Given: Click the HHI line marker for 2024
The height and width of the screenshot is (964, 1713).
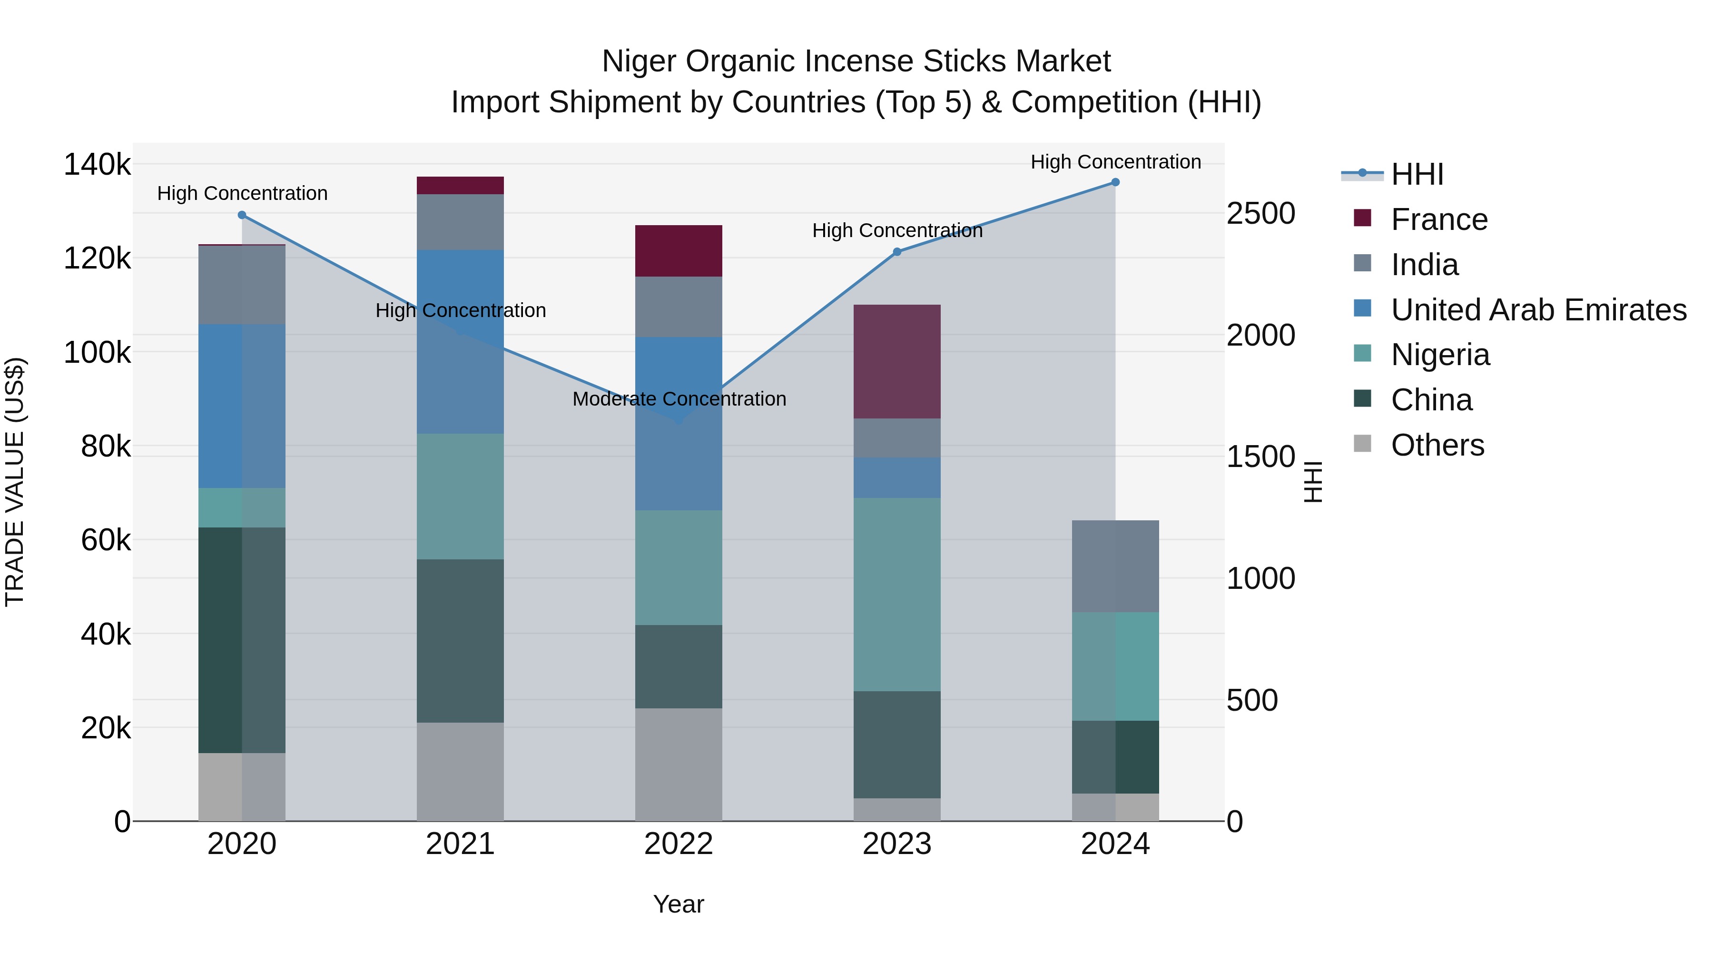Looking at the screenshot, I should point(1115,182).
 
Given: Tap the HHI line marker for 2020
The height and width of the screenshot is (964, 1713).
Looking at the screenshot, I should point(242,215).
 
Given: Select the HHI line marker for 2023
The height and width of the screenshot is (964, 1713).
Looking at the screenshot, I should point(897,251).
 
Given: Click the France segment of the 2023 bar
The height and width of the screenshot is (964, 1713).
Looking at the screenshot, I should point(897,361).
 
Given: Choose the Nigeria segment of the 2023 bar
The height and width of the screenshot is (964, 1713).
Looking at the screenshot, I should point(897,594).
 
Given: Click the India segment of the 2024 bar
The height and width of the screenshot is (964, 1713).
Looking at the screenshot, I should point(1115,566).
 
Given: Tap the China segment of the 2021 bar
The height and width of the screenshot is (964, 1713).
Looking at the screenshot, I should point(460,641).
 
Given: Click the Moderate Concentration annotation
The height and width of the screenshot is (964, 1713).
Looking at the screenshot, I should point(679,399).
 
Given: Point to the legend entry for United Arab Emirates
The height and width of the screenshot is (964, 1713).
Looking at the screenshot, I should point(1538,310).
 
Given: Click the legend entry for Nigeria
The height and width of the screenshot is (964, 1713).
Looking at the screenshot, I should point(1440,355).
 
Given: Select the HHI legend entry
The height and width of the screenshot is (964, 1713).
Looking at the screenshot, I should point(1417,174).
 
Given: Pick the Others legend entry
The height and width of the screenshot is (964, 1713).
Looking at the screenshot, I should point(1437,445).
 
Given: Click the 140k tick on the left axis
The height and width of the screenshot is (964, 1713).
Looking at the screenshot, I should point(97,164).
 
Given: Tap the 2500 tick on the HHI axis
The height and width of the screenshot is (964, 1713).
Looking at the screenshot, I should point(1260,214).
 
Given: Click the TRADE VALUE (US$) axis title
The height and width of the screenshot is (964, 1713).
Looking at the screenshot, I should point(15,482).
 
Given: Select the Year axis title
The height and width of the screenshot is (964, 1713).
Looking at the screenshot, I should point(678,904).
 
